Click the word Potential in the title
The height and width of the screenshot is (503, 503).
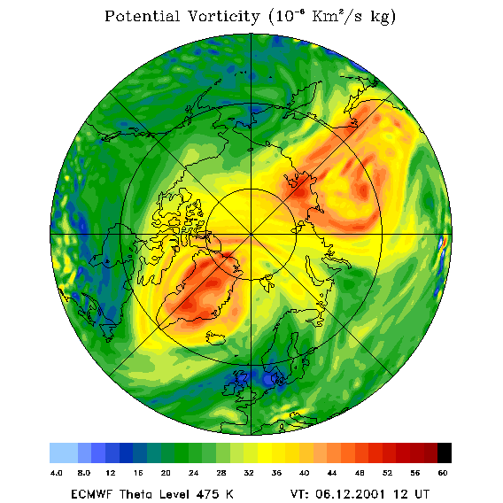pyautogui.click(x=142, y=16)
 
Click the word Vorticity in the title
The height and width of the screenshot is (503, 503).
pyautogui.click(x=223, y=16)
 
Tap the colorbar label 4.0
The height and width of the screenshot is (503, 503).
pyautogui.click(x=57, y=473)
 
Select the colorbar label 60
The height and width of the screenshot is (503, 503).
pyautogui.click(x=443, y=473)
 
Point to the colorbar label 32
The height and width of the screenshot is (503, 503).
pyautogui.click(x=249, y=473)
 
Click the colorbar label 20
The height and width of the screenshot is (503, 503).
pyautogui.click(x=166, y=473)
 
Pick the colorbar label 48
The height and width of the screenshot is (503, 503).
pyautogui.click(x=360, y=473)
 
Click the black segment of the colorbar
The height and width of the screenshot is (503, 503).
pyautogui.click(x=445, y=453)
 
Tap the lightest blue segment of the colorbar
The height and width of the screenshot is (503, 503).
pyautogui.click(x=64, y=453)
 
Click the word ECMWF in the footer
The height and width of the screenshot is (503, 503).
pyautogui.click(x=91, y=494)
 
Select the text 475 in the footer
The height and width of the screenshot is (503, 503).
pyautogui.click(x=207, y=494)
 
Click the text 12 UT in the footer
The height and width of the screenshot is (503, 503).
pyautogui.click(x=411, y=494)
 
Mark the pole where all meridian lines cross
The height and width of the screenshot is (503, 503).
pyautogui.click(x=251, y=235)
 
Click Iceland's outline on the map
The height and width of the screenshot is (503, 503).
pyautogui.click(x=216, y=338)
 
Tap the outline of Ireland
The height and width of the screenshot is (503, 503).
pyautogui.click(x=230, y=389)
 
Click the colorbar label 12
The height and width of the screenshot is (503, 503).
pyautogui.click(x=111, y=473)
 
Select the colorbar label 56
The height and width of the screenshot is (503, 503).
pyautogui.click(x=415, y=473)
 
